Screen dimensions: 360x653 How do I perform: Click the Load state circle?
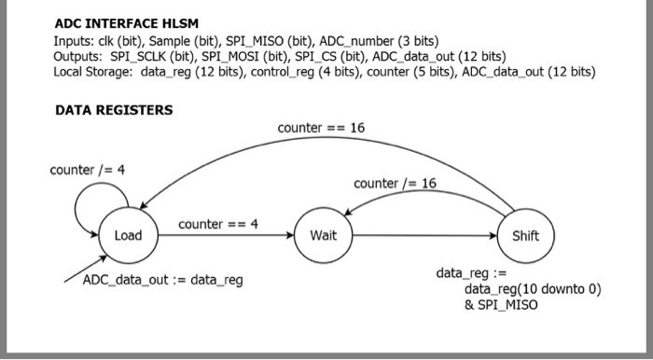[x=128, y=235]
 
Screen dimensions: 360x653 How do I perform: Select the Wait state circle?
[x=323, y=235]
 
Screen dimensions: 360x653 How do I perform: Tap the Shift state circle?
[x=525, y=235]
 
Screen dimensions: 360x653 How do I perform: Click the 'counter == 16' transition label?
[x=321, y=127]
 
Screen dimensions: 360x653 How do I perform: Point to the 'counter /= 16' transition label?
[x=395, y=183]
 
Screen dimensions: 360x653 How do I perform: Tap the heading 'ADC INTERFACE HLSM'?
[x=127, y=23]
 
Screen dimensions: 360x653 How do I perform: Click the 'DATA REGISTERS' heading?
[x=114, y=110]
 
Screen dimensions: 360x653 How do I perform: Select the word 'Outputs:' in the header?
[x=79, y=56]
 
